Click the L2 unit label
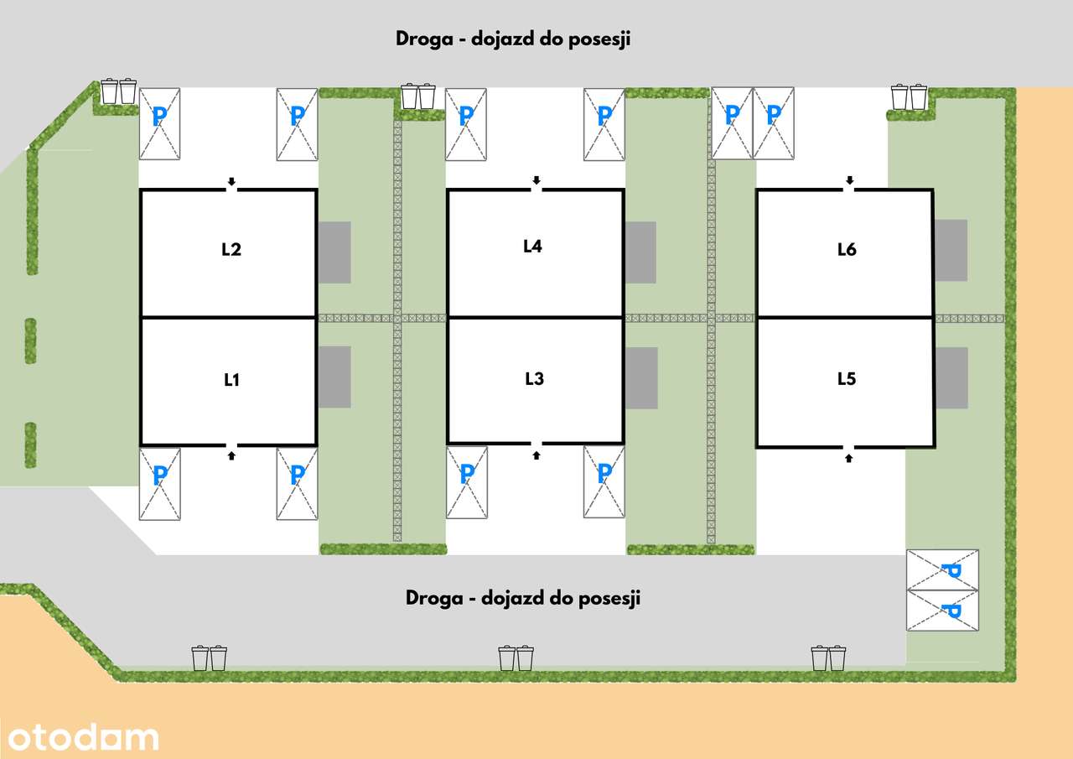click(231, 249)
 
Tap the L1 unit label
click(232, 380)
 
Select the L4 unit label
click(533, 247)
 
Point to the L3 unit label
click(534, 379)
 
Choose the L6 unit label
click(847, 249)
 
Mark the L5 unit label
click(847, 379)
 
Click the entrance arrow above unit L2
click(232, 181)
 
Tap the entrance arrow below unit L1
click(232, 455)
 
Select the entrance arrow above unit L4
click(536, 180)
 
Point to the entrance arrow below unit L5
click(849, 457)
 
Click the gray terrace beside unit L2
click(334, 252)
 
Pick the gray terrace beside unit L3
click(641, 378)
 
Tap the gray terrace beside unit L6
click(951, 250)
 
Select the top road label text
click(512, 39)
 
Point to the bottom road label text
click(523, 598)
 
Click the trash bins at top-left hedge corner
click(118, 91)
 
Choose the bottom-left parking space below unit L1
click(159, 484)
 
